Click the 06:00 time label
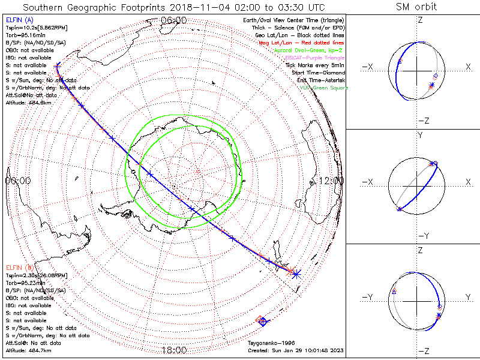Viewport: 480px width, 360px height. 174,20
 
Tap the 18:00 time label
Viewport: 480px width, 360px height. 174,350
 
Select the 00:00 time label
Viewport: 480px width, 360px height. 17,181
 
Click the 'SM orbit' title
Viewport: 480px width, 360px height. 416,7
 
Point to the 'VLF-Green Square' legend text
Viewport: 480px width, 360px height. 323,88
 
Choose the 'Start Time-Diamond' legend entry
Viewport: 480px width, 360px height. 319,72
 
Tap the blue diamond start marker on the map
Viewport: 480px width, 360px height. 262,322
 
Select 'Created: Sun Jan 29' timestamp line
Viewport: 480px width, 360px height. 295,350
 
